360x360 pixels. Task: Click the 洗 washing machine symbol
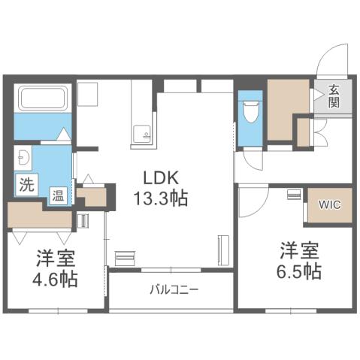tap(26, 183)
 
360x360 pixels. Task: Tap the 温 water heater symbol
tap(57, 195)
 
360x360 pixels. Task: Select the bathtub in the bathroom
tap(43, 99)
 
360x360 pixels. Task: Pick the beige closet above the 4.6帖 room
tap(39, 215)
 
